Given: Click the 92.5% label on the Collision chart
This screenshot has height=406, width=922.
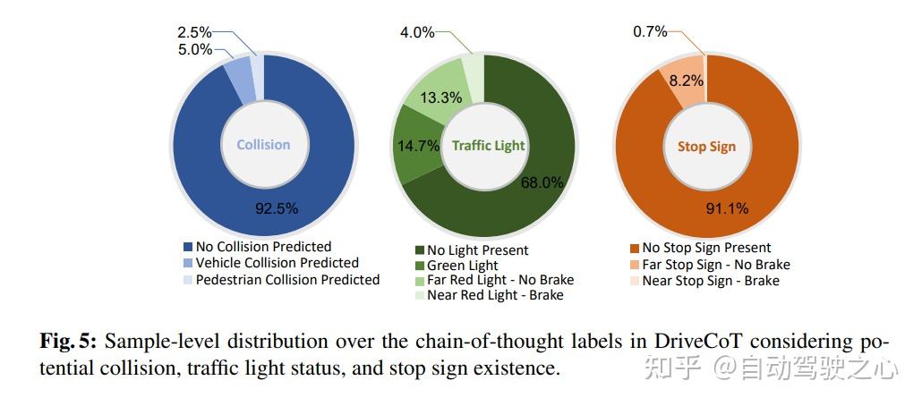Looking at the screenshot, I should [x=276, y=207].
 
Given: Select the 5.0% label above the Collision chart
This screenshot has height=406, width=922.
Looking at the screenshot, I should [x=194, y=50].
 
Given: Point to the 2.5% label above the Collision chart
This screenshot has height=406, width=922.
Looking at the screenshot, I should [x=194, y=33].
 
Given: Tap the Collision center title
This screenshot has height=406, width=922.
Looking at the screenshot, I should [x=263, y=144].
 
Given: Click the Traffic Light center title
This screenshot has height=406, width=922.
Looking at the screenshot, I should [x=488, y=145].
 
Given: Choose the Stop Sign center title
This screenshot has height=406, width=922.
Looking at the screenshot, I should [x=706, y=146].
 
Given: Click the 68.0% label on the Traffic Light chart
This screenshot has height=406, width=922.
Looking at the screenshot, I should [x=542, y=182].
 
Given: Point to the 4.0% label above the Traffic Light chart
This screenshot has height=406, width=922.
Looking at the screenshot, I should [x=417, y=33].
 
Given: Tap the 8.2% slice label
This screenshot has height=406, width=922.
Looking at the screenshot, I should [x=686, y=80].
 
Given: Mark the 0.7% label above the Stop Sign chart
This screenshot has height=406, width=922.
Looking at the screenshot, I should [x=650, y=32].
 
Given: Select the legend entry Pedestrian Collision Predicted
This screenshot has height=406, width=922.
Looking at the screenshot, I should [x=287, y=279].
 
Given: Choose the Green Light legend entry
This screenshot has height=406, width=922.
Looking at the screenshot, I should [x=463, y=265].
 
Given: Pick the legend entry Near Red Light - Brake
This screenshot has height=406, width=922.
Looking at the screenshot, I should [x=495, y=294].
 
